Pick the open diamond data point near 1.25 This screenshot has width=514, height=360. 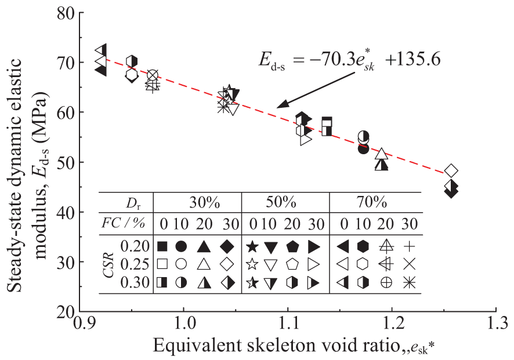click(x=452, y=170)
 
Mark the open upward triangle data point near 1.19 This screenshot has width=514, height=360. click(x=381, y=154)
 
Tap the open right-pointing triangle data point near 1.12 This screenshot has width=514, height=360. click(x=306, y=139)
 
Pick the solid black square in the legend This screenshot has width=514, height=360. click(x=163, y=246)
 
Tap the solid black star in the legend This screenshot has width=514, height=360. click(x=251, y=246)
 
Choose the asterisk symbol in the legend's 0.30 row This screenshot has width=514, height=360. click(x=410, y=283)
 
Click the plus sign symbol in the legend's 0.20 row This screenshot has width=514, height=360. click(x=410, y=246)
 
